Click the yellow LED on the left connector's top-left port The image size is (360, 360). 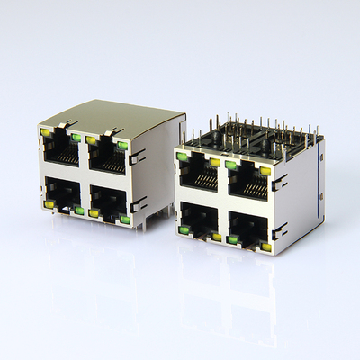(x=46, y=132)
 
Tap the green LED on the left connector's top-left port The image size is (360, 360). (x=76, y=138)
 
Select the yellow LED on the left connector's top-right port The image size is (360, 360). (x=91, y=139)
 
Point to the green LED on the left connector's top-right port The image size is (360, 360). (x=121, y=145)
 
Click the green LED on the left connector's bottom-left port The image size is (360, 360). (x=79, y=210)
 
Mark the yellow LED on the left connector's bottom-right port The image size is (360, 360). (x=94, y=212)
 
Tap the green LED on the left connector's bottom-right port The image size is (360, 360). (x=124, y=219)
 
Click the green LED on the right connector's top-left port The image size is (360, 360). (x=183, y=157)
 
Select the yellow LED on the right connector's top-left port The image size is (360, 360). (x=214, y=163)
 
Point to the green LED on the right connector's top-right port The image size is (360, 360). (x=232, y=165)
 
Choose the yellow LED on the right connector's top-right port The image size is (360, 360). (x=265, y=169)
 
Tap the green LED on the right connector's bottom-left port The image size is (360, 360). (x=184, y=230)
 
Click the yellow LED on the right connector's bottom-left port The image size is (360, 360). (x=216, y=237)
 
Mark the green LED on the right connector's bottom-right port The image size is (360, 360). (x=233, y=239)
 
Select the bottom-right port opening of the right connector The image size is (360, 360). (x=249, y=228)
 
